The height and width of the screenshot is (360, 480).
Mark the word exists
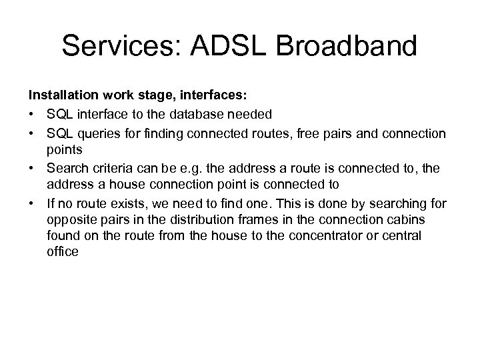tap(119, 203)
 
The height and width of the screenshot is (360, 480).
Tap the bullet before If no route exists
tap(31, 203)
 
